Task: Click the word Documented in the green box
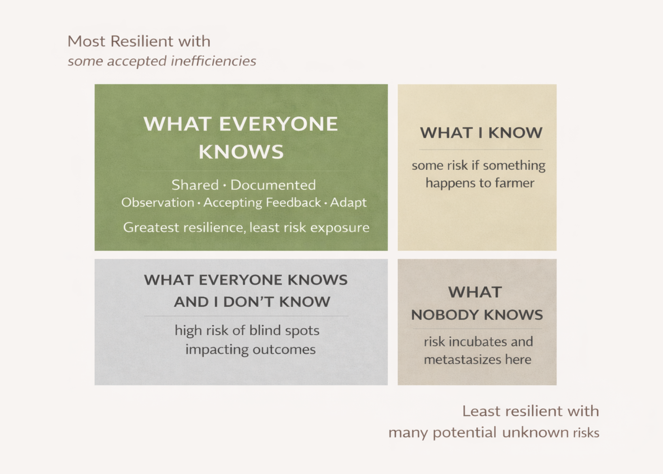coord(273,185)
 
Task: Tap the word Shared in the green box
coord(195,185)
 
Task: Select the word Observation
coord(157,202)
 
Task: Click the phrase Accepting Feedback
coord(262,202)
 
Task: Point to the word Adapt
coord(348,202)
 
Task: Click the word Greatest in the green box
coord(151,227)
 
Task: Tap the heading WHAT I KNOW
coord(481,133)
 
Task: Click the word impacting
coord(216,349)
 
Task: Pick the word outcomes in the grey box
coord(284,349)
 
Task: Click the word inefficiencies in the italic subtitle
coord(213,61)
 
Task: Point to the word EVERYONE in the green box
coord(278,124)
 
